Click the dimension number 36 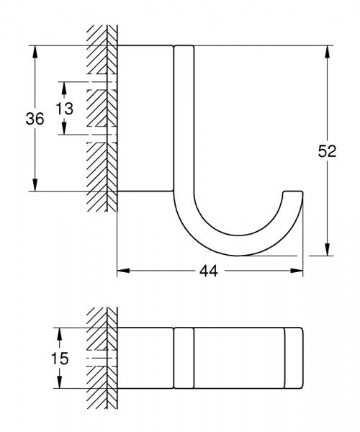(35, 120)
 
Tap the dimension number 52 (328, 152)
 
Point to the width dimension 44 (209, 271)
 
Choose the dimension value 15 (60, 358)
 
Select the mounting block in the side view (145, 118)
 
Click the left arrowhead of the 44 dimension (122, 271)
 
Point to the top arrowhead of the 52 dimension (328, 51)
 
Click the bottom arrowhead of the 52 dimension (328, 251)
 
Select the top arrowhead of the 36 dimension (35, 51)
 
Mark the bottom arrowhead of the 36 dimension (35, 186)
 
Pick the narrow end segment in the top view (294, 358)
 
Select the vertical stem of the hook (184, 122)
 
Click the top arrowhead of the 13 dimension (64, 86)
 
